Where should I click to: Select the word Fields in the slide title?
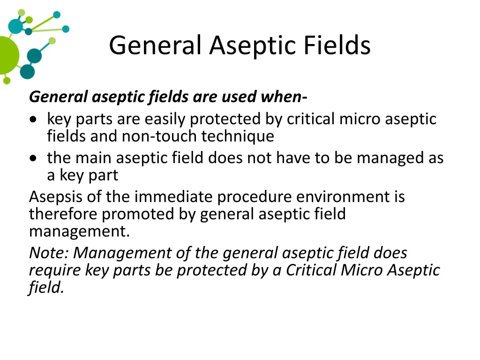337,45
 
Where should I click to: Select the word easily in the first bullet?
165,119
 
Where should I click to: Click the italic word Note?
49,253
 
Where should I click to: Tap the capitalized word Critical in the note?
311,270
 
